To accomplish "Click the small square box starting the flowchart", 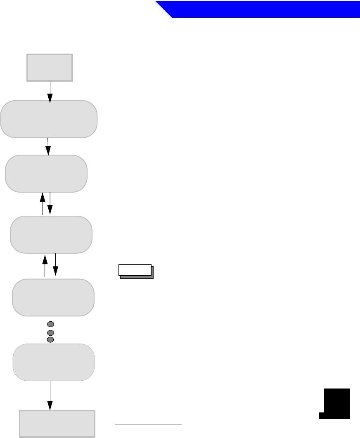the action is click(50, 67).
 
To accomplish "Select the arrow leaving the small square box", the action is click(50, 91).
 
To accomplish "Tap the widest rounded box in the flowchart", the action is click(49, 119).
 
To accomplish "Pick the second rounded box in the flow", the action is click(46, 173).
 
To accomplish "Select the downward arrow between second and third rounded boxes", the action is click(50, 203).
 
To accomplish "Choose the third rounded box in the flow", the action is click(51, 234).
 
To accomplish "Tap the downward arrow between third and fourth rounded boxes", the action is click(55, 265).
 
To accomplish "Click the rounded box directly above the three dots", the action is click(53, 297).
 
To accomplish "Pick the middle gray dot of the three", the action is click(50, 332).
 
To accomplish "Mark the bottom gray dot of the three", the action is click(50, 339).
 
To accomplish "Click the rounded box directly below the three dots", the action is click(54, 362).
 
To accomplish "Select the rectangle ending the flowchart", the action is click(58, 424).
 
